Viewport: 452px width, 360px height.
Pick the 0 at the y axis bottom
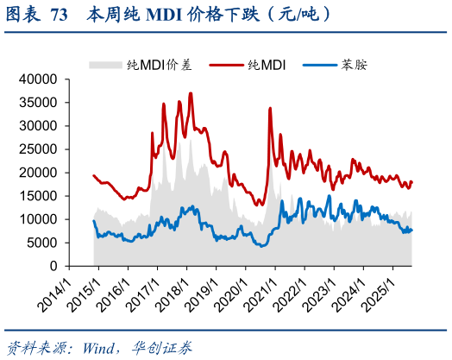pos(53,266)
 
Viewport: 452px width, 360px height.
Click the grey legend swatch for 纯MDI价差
pos(106,65)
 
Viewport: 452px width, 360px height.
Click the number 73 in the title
pos(60,15)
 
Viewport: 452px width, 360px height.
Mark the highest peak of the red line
pos(191,93)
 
